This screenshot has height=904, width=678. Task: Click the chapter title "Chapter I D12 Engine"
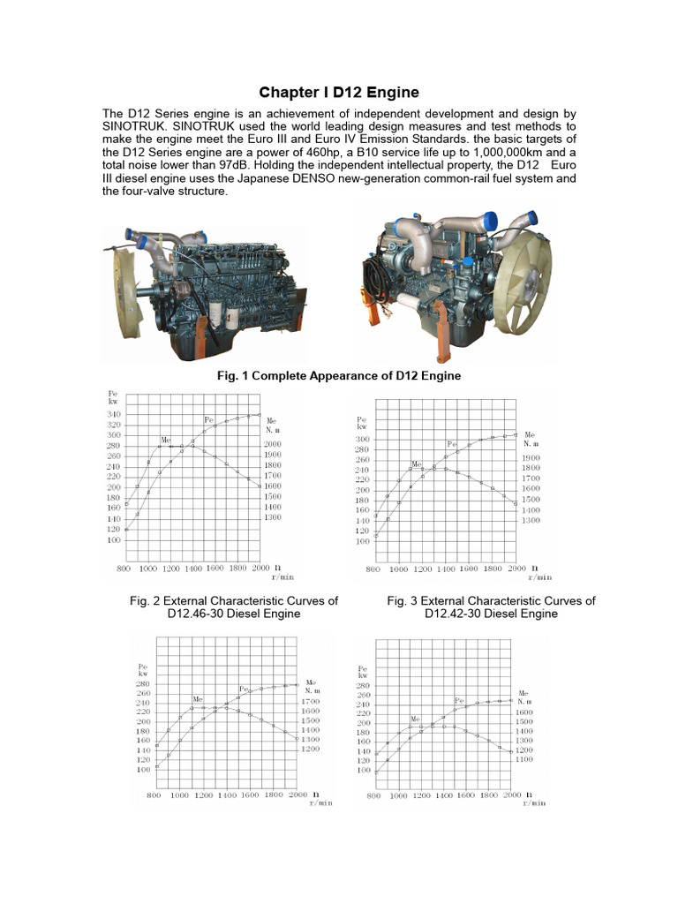tap(338, 92)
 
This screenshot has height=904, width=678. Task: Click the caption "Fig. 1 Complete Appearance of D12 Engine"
tap(338, 376)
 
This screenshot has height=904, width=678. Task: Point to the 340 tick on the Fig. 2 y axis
tap(115, 414)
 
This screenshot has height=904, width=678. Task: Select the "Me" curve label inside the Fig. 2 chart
tap(166, 439)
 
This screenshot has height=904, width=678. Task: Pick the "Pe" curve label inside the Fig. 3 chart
tap(452, 444)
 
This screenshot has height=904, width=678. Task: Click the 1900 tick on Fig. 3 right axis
tap(531, 458)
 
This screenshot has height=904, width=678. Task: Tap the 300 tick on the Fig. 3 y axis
tap(363, 439)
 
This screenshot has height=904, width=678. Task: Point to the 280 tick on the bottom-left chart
tap(142, 683)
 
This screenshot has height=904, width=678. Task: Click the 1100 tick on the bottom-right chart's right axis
tap(524, 759)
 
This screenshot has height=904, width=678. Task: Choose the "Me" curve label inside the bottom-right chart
tap(415, 719)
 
